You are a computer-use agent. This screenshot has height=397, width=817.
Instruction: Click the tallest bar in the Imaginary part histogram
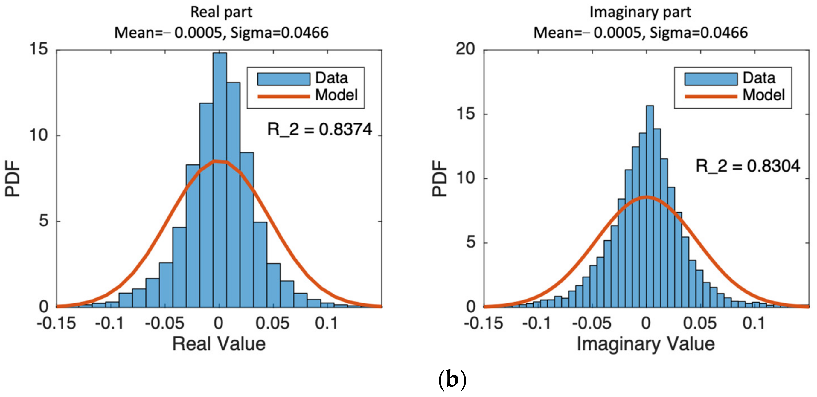650,206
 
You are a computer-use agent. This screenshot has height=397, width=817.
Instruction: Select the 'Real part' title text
221,12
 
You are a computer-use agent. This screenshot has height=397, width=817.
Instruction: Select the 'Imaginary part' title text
640,12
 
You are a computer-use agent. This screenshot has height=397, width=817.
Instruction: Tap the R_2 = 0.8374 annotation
319,129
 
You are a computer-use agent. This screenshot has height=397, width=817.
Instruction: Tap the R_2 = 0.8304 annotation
748,166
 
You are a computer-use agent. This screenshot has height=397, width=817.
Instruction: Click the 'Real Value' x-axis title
219,344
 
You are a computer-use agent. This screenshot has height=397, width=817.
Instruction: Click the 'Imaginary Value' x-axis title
645,344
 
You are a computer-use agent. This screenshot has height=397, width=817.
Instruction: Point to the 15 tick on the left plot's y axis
38,49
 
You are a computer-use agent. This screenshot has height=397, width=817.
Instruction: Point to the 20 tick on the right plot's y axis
465,49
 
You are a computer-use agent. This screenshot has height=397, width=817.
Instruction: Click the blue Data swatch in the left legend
283,79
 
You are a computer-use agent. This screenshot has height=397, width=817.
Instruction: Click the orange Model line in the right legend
711,96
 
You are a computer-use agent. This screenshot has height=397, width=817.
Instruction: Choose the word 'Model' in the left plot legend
336,95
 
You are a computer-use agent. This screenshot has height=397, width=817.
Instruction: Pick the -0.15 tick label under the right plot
483,323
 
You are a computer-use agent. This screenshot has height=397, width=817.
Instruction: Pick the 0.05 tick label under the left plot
272,323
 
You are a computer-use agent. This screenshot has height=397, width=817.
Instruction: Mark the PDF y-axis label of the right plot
439,178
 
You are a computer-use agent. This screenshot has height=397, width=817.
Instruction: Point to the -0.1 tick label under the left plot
109,323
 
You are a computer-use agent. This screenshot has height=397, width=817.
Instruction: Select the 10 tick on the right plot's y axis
465,178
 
